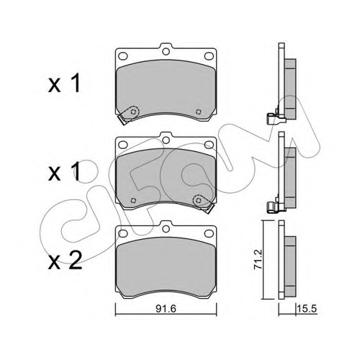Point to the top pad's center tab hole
pos(166,51)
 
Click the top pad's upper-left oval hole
pos(123,56)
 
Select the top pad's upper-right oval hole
pos(209,56)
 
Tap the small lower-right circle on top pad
pos(198,112)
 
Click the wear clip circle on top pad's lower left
pos(133,112)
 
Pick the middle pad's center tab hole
pos(166,140)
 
